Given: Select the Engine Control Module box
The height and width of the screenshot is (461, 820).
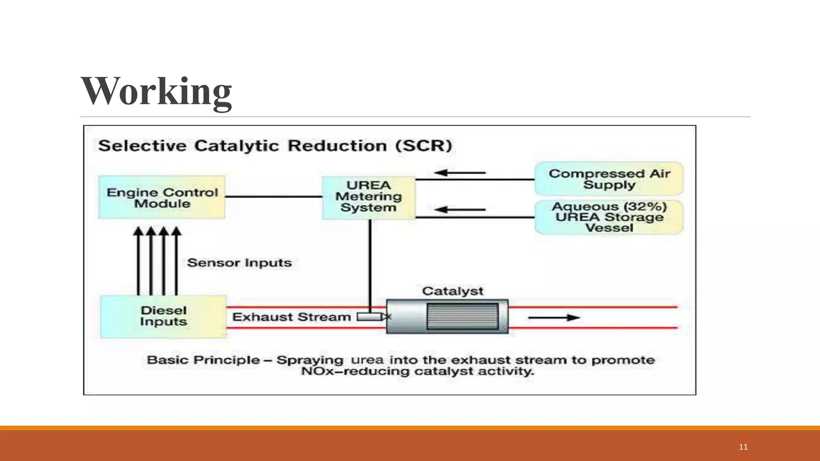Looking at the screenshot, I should point(162,197).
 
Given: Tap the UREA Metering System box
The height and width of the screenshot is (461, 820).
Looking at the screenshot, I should point(368,197).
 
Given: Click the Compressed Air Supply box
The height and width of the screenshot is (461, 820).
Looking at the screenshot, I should point(609,179).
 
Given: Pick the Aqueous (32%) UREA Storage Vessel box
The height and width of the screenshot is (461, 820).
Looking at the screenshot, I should point(609,217).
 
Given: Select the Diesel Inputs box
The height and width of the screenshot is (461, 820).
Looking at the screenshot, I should point(163,317).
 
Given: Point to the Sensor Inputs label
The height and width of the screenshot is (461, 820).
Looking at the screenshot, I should point(239,263).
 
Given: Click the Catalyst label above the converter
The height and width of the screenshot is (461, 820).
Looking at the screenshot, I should point(452,291).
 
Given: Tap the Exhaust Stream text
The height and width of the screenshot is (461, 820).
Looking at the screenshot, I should point(291,317).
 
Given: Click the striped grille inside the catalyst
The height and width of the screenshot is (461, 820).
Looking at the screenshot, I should point(462,316).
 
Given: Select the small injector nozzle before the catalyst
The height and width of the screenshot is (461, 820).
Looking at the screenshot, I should point(369,317).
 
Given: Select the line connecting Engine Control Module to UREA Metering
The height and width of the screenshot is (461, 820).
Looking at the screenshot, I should point(273,196).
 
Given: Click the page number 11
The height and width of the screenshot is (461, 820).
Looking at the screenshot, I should point(743,447).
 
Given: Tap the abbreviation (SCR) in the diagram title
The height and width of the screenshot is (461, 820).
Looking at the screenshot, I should point(424,146).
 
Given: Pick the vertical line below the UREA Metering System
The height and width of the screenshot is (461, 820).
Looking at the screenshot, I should point(370,264).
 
